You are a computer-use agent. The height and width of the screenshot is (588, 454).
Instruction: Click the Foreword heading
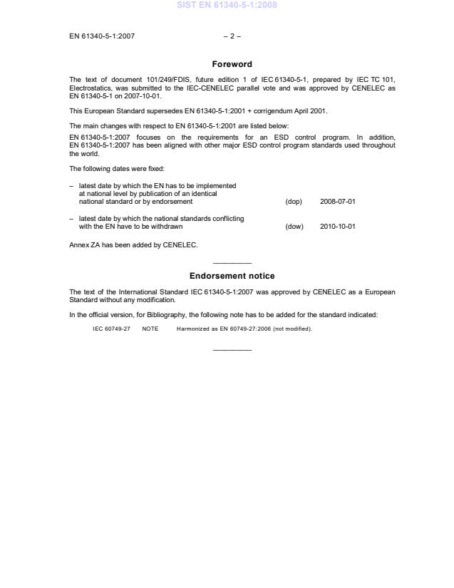232,64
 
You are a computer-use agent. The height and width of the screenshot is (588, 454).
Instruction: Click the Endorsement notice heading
232,276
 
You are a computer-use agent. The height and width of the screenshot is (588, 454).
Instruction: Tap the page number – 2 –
232,36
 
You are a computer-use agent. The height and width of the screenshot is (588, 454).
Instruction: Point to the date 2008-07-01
338,202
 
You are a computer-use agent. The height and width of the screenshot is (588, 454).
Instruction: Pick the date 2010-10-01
338,227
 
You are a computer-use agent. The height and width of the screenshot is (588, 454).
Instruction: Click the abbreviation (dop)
294,202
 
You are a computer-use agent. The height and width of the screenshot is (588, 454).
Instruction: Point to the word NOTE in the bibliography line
150,329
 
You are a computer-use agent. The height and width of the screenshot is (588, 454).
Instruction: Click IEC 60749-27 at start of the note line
111,329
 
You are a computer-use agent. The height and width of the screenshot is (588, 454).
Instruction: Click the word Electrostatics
90,87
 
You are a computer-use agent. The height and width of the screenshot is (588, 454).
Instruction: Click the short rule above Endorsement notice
232,263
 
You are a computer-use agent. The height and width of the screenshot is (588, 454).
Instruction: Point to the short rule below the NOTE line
232,349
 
